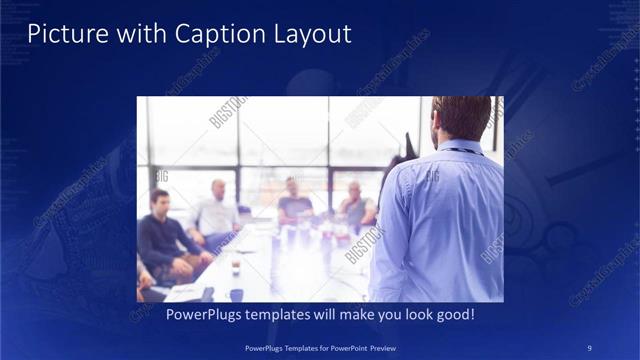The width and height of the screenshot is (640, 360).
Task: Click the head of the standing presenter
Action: click(461, 118)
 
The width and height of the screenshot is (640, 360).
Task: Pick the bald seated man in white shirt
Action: click(216, 213)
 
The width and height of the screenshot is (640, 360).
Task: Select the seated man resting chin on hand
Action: click(354, 206)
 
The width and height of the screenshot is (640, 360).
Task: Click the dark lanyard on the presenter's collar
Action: click(461, 151)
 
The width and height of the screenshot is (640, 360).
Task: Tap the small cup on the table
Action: click(236, 267)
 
